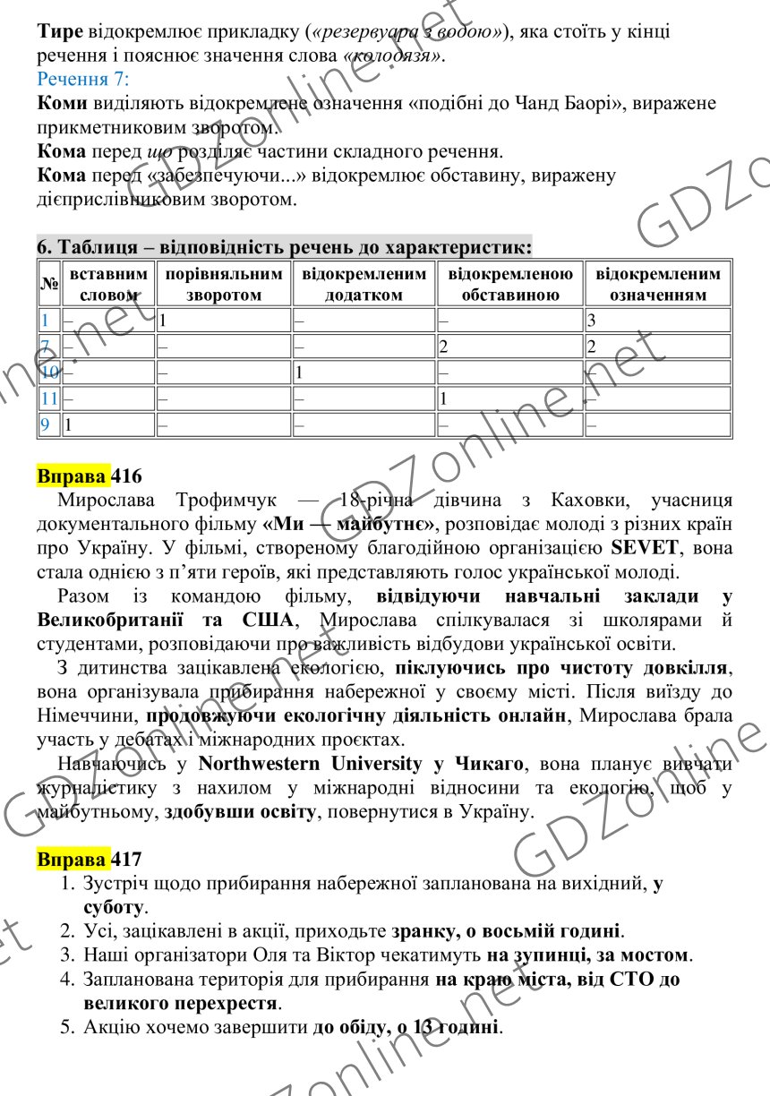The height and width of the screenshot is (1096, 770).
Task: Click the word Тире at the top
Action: tap(61, 31)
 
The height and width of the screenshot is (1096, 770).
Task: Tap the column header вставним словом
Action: tap(108, 284)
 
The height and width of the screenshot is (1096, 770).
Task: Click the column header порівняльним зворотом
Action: tap(224, 284)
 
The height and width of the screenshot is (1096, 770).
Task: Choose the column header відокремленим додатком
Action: tap(364, 284)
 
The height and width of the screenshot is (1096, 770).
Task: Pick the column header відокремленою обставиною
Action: tap(509, 284)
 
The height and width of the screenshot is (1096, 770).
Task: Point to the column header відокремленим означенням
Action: tap(658, 284)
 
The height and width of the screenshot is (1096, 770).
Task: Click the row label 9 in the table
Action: tap(45, 424)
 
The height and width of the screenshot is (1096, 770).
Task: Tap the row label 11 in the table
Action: tap(49, 398)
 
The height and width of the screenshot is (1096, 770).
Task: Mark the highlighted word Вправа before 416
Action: tap(73, 475)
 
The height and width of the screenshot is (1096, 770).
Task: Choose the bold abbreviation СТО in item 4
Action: tap(634, 980)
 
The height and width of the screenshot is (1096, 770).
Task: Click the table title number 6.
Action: tap(41, 246)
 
